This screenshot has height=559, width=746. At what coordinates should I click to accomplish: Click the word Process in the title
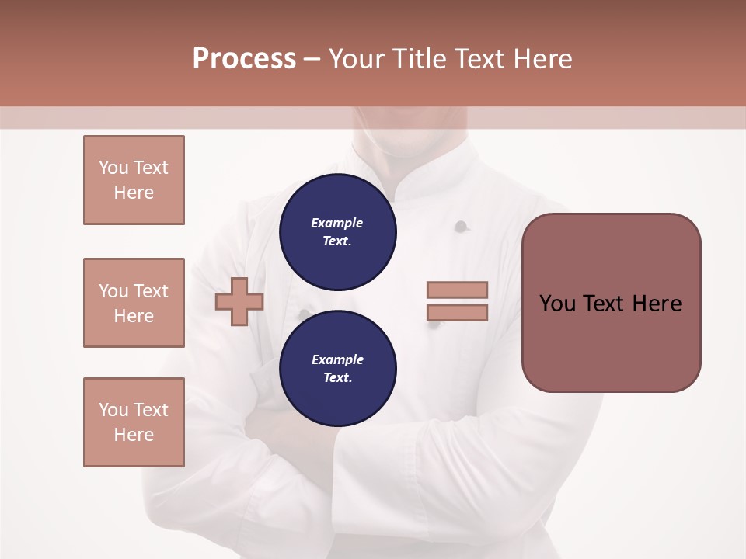[244, 58]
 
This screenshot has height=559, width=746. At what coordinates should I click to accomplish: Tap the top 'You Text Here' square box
[134, 180]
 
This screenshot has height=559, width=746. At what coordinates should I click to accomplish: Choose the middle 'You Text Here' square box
[134, 303]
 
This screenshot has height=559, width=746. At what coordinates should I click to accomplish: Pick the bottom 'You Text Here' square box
[134, 422]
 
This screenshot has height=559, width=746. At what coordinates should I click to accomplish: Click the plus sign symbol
[239, 302]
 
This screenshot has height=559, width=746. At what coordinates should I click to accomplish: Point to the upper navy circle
[337, 231]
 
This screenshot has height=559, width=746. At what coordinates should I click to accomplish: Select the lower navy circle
[337, 368]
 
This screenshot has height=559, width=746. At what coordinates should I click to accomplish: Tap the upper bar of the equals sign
[457, 290]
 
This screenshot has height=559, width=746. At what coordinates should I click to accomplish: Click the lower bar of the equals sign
[457, 313]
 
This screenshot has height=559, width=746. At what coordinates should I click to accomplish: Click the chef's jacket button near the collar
[461, 227]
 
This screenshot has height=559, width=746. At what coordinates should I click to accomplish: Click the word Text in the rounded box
[604, 303]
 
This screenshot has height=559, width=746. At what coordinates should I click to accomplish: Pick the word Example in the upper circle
[337, 223]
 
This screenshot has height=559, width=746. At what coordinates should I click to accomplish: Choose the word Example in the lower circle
[337, 359]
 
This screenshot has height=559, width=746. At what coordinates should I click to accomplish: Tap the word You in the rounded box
[556, 303]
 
